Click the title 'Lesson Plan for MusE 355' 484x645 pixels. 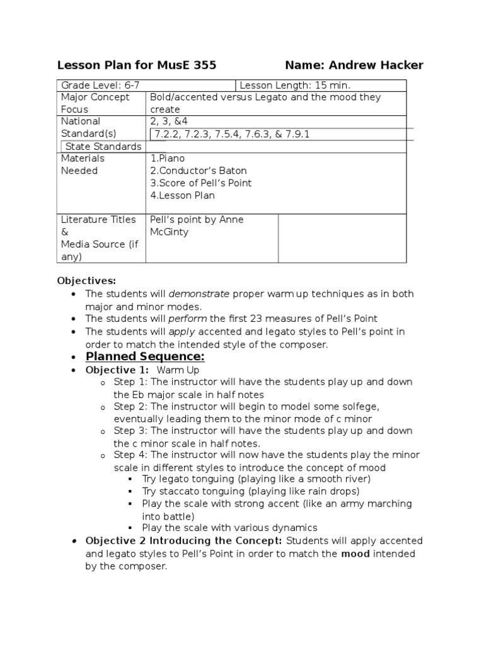pyautogui.click(x=137, y=65)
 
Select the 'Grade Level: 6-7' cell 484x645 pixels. pyautogui.click(x=100, y=85)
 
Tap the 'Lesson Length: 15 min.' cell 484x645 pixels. pyautogui.click(x=295, y=85)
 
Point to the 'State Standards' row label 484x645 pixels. pyautogui.click(x=103, y=146)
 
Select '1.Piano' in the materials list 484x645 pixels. pyautogui.click(x=168, y=159)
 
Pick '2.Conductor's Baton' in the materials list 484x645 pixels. pyautogui.click(x=199, y=171)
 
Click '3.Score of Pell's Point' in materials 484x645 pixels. pyautogui.click(x=200, y=183)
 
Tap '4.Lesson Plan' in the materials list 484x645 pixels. pyautogui.click(x=182, y=195)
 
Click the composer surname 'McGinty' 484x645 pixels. pyautogui.click(x=170, y=232)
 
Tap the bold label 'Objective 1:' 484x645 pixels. pyautogui.click(x=117, y=370)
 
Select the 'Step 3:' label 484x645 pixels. pyautogui.click(x=130, y=431)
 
